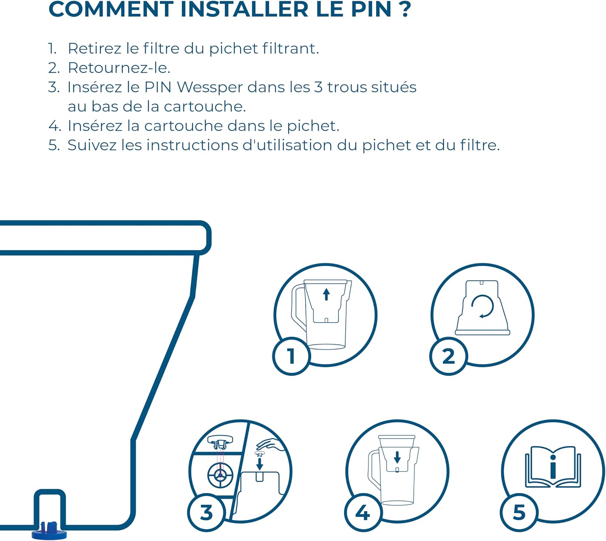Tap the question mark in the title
[405, 9]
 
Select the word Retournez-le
[119, 68]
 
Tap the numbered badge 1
[291, 356]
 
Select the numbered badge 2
[448, 356]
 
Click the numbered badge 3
[206, 512]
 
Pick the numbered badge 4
[363, 512]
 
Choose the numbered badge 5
[519, 512]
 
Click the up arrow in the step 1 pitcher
[326, 294]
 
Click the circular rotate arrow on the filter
[482, 307]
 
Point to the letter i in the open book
[553, 467]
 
